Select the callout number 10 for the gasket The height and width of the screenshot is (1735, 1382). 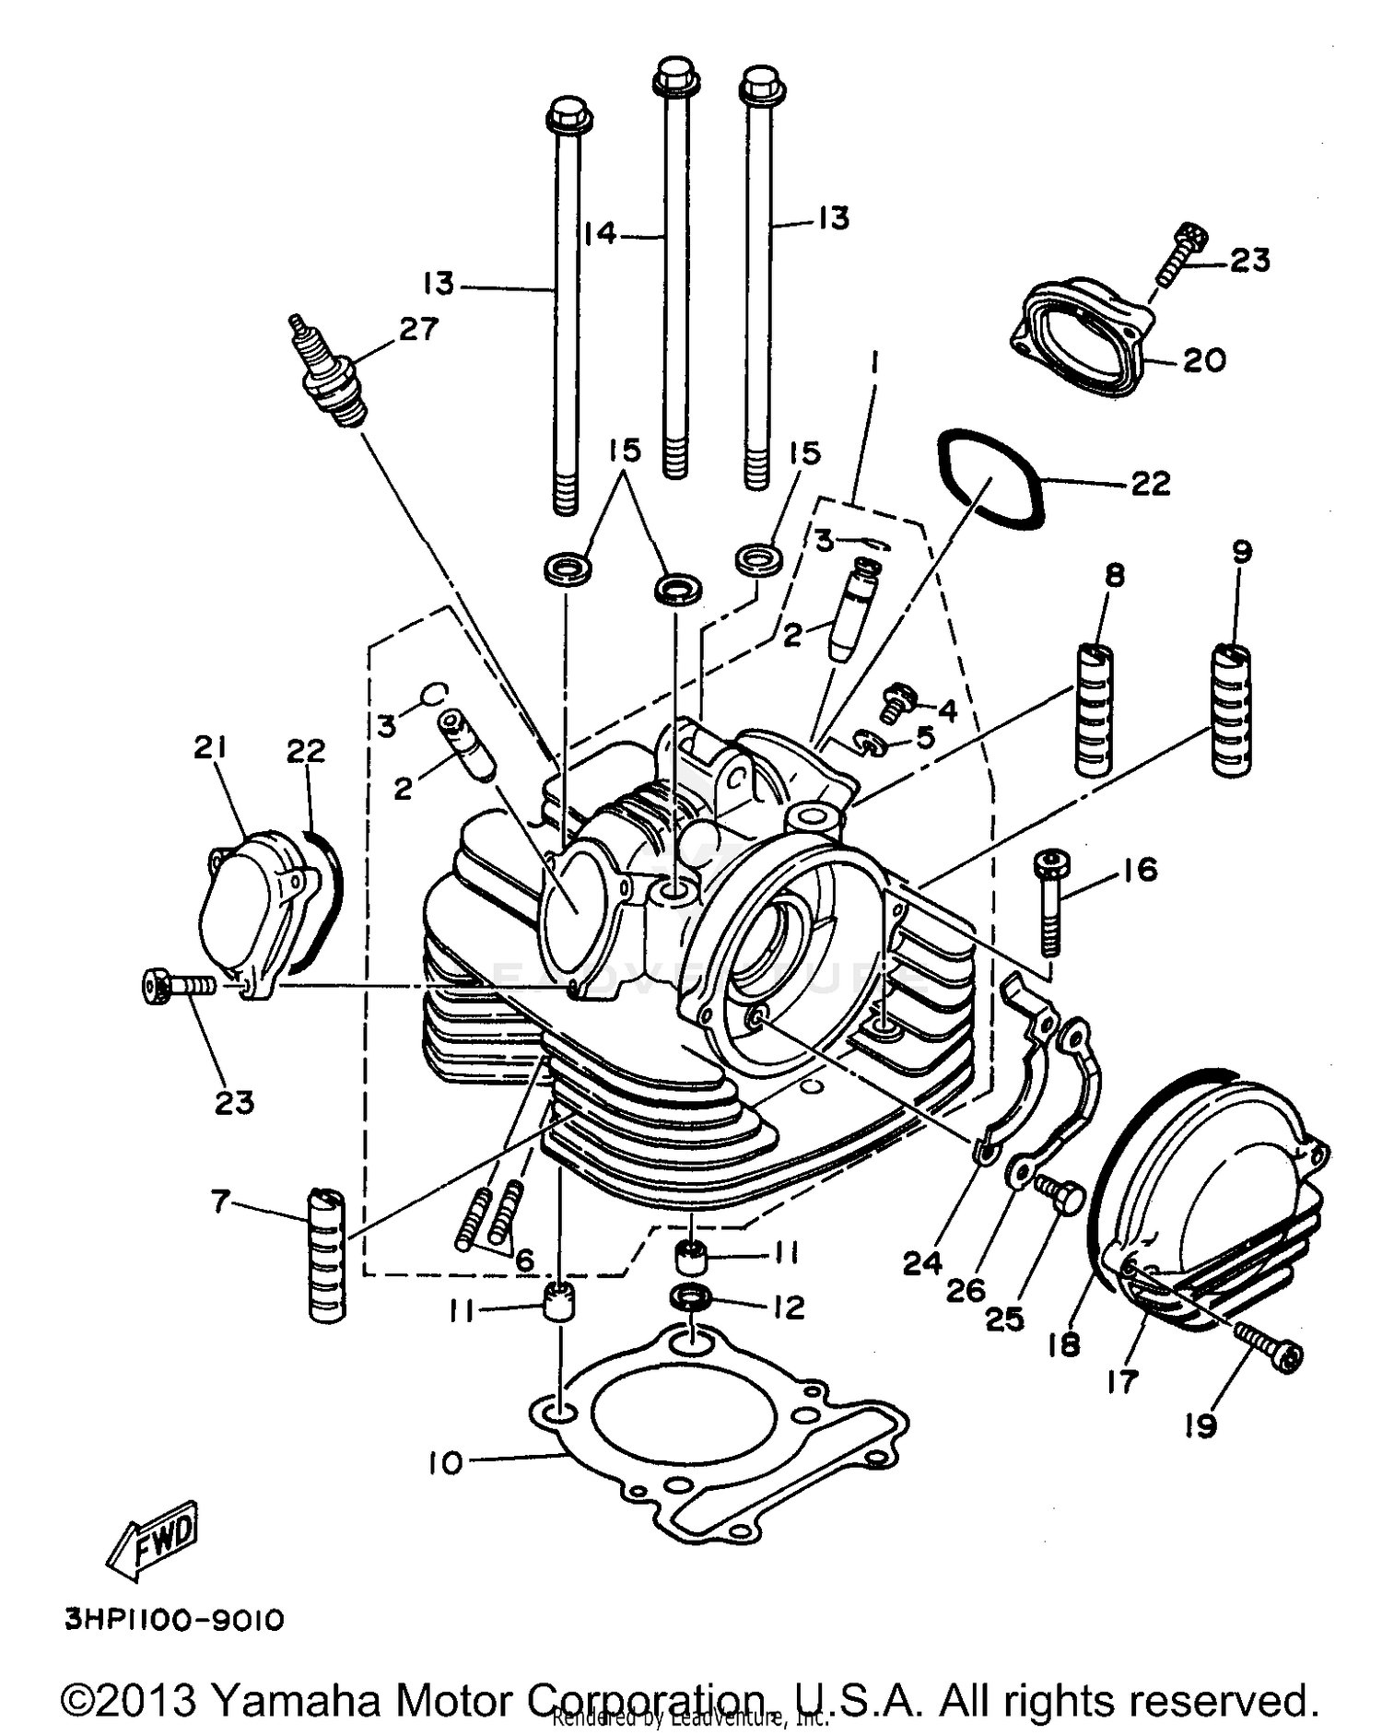tap(446, 1462)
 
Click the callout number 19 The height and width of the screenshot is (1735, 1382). tap(1200, 1426)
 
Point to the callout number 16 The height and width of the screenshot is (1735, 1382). tap(1140, 869)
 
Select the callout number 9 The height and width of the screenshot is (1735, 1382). tap(1241, 552)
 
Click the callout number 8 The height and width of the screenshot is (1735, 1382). tap(1114, 576)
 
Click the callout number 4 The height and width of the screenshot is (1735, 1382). tap(947, 709)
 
